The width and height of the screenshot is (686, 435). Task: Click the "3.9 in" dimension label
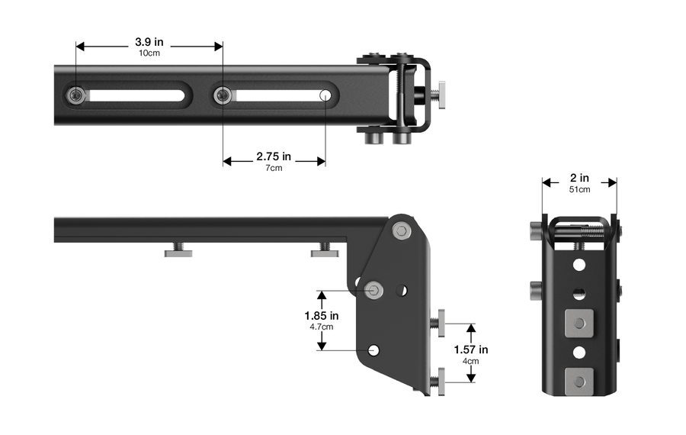point(149,42)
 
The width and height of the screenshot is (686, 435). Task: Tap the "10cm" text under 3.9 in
point(149,53)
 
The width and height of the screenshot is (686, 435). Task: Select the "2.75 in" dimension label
point(274,156)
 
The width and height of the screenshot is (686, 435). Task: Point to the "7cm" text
point(274,168)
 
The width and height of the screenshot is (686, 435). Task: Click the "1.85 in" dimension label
point(322,315)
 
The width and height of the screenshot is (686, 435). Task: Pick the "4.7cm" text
point(322,327)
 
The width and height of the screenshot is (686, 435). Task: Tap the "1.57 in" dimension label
point(471,350)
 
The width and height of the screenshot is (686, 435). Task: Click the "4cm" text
point(471,361)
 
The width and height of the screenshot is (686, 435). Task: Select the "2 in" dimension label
point(579,178)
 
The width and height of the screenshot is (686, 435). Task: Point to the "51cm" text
point(579,189)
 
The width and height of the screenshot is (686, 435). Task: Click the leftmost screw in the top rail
point(76,95)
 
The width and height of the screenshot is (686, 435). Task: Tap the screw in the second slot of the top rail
point(223,95)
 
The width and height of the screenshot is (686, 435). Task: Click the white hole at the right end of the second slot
point(325,95)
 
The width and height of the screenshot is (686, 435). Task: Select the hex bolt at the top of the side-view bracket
point(402,230)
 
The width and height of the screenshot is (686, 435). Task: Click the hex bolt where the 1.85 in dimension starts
point(374,290)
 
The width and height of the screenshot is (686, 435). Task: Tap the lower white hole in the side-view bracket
point(373,350)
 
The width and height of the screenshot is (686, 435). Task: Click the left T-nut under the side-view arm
point(178,250)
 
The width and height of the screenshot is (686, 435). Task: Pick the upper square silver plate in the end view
point(579,324)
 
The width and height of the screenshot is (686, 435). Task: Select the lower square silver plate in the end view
point(579,382)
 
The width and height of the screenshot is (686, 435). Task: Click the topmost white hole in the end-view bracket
point(579,265)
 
